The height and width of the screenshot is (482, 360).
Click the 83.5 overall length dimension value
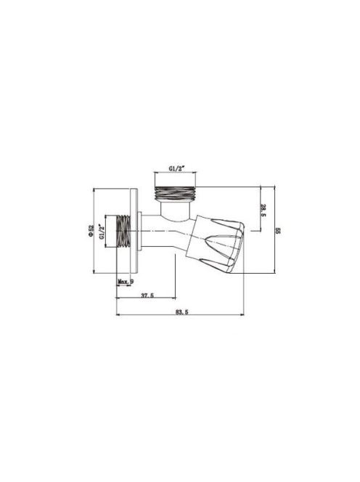tap(181, 311)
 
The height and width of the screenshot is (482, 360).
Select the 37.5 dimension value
tap(147, 295)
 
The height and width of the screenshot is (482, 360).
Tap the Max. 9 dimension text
tap(126, 281)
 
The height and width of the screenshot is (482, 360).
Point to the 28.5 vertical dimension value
tap(263, 210)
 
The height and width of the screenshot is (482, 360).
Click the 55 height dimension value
tap(278, 231)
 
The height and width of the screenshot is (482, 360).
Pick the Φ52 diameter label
tap(91, 231)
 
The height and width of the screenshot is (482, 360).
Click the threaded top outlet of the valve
tap(175, 193)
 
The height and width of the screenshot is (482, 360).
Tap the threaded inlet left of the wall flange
tap(123, 231)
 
